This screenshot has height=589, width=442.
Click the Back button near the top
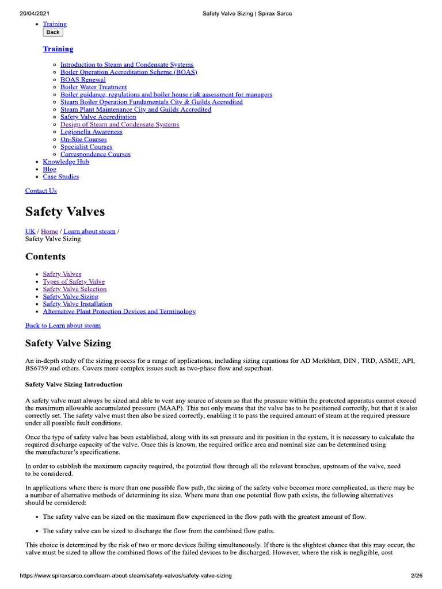point(53,32)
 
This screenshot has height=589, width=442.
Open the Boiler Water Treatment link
point(93,87)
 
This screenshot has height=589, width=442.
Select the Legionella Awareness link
point(91,132)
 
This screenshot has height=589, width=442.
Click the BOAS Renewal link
point(83,80)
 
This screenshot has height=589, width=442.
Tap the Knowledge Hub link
point(66,162)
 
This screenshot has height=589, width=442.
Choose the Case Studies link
point(60,177)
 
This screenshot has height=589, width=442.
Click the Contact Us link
point(41,191)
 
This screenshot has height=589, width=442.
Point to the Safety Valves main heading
point(65,212)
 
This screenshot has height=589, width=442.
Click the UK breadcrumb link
point(30,231)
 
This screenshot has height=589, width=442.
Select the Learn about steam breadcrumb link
point(89,231)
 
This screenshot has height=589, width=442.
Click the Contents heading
point(45,257)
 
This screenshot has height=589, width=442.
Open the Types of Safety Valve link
point(74,282)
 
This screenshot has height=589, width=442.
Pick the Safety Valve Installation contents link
point(77,304)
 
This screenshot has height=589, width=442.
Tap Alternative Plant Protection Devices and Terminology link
point(119,311)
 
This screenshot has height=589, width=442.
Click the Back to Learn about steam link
point(63,326)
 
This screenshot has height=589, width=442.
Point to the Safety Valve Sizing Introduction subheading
point(74,384)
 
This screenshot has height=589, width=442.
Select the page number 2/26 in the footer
point(416,575)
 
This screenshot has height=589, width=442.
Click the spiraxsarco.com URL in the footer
point(125,575)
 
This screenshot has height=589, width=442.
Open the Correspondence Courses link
point(95,154)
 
